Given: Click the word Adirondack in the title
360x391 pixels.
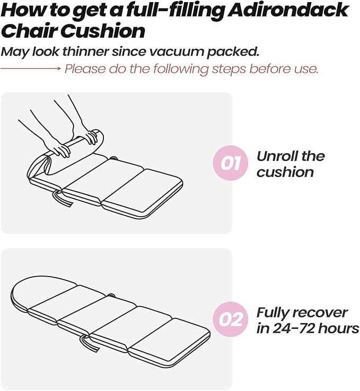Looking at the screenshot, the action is tap(288, 10).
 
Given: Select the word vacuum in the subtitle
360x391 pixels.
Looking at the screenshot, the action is tap(176, 51).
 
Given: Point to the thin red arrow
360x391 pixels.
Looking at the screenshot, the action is tap(30, 68).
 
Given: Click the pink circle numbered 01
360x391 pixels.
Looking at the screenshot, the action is tap(231, 163).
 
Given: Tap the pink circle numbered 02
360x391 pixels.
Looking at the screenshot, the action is tap(231, 319).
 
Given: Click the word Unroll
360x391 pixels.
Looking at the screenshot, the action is tap(277, 156).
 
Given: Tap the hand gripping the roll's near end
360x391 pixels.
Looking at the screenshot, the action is tap(59, 149).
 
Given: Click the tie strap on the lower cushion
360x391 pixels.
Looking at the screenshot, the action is tap(90, 343).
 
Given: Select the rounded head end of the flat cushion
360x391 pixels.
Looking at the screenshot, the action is tap(42, 292).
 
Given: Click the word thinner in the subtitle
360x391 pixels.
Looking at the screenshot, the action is tap(85, 51).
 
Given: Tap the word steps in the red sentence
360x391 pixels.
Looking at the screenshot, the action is tap(229, 69).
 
